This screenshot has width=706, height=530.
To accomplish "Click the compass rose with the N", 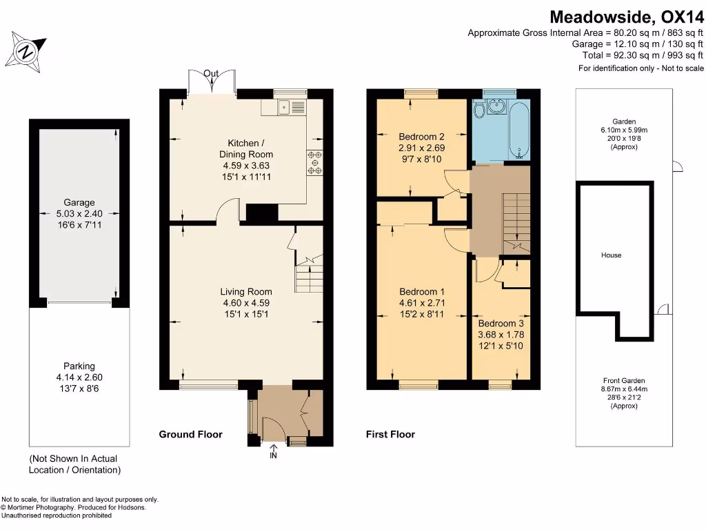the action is click(26, 52).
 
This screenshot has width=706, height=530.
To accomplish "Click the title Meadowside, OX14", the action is click(626, 17).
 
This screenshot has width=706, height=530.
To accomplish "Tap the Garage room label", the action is click(79, 202).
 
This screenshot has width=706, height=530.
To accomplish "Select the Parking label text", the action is click(79, 366).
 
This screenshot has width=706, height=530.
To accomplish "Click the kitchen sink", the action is click(284, 107).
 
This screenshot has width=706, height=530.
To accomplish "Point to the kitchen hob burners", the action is click(314, 162).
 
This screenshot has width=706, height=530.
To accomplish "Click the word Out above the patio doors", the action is click(211, 73).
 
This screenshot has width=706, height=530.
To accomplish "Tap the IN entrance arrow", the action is click(273, 451).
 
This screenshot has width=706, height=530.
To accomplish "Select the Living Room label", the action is click(246, 292).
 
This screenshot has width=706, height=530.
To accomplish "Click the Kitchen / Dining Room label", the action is click(246, 149).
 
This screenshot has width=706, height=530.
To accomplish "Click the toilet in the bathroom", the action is click(479, 108).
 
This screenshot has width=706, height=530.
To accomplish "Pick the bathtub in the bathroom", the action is click(520, 130).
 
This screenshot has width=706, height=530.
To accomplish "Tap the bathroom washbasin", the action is click(496, 107).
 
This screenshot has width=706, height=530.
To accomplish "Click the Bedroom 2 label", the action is click(421, 137).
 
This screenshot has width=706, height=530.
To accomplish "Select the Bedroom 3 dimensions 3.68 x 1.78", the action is click(501, 335).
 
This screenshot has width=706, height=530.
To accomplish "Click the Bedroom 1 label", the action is click(421, 292).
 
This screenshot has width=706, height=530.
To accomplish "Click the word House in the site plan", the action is click(611, 255).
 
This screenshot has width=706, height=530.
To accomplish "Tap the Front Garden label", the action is click(624, 380).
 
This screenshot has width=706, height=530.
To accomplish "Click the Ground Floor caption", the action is click(190, 434).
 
